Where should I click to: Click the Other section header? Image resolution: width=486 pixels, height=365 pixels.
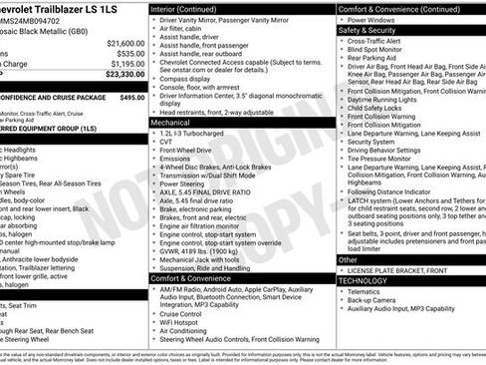[348, 259]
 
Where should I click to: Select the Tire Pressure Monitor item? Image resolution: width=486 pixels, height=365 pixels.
[388, 158]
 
